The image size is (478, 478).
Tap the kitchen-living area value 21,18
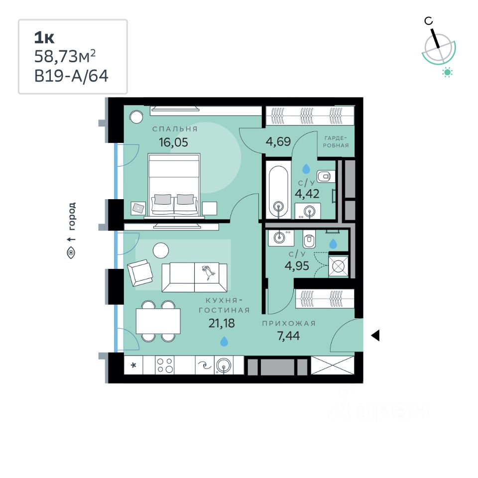pyautogui.click(x=222, y=324)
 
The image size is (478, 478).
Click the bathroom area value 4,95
pyautogui.click(x=297, y=265)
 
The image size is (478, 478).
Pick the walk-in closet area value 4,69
pyautogui.click(x=278, y=141)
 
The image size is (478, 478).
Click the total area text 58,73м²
pyautogui.click(x=64, y=57)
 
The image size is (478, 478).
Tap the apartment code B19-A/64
pyautogui.click(x=71, y=76)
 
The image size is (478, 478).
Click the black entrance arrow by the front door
pyautogui.click(x=375, y=336)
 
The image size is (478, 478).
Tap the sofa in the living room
pyautogui.click(x=195, y=277)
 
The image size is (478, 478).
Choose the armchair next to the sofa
pyautogui.click(x=140, y=273)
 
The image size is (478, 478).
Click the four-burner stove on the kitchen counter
pyautogui.click(x=165, y=366)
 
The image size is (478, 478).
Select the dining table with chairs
pyautogui.click(x=158, y=321)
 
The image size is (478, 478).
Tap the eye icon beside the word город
pyautogui.click(x=71, y=253)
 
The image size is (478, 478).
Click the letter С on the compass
pyautogui.click(x=428, y=20)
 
